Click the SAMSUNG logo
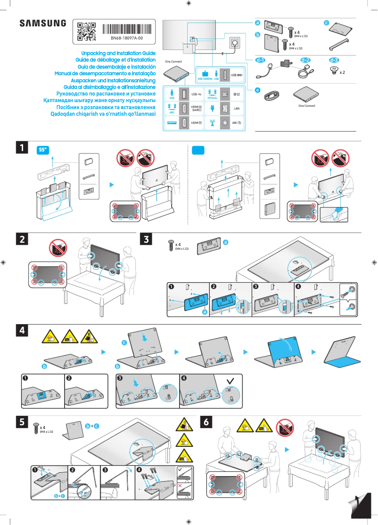point(43,24)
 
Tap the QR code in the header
point(86,31)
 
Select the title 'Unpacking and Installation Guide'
point(118,54)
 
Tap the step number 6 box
point(207,422)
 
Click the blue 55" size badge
point(43,150)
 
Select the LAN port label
point(237,109)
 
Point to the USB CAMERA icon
point(205,75)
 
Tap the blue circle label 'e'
point(257,90)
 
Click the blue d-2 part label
point(305,60)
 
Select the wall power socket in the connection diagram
point(234,43)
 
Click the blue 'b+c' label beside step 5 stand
point(92,426)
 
